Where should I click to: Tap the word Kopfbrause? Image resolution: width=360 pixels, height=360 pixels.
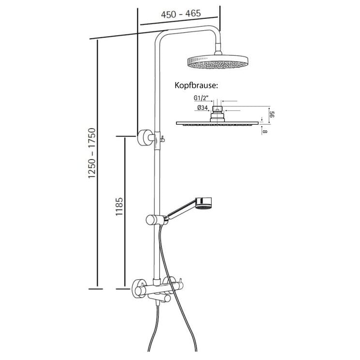tap(196, 86)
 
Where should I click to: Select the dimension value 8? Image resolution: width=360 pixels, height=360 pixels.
tap(266, 130)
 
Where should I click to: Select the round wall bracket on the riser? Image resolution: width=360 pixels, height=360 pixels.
tap(144, 137)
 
